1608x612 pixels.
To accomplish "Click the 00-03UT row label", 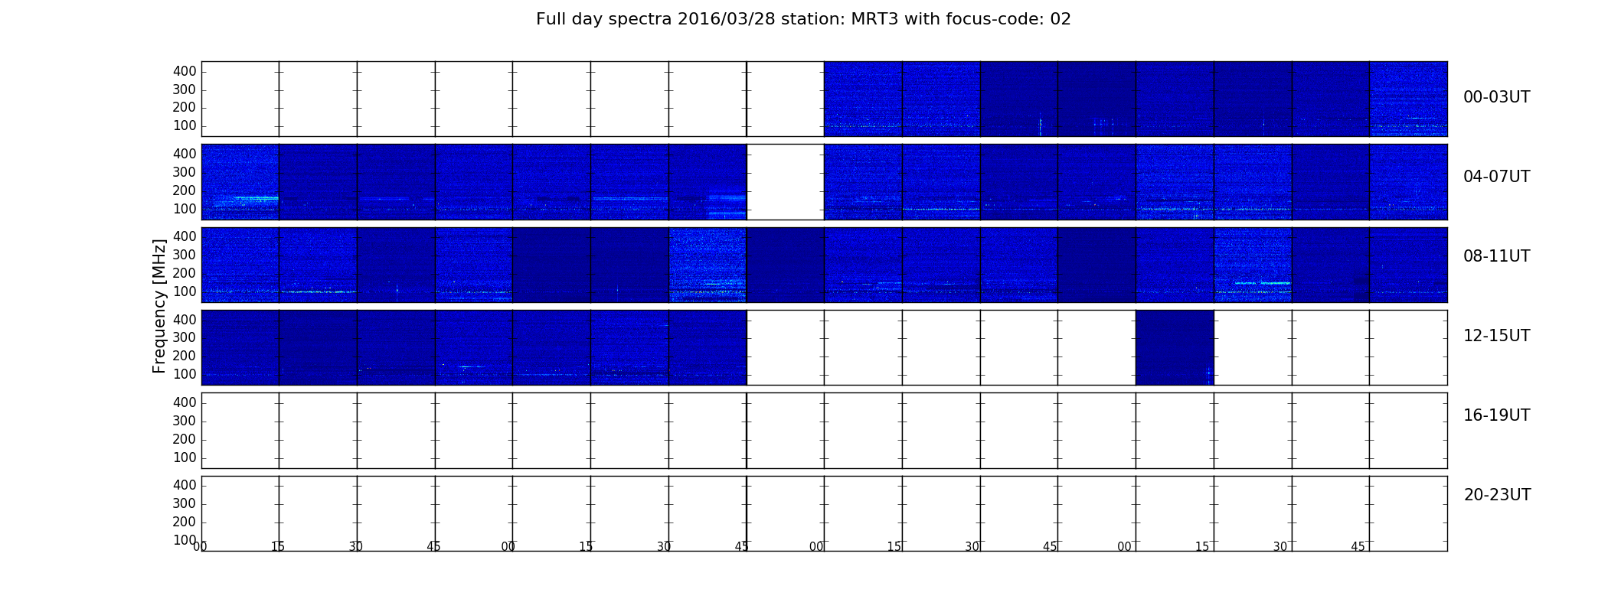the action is pos(1496,97).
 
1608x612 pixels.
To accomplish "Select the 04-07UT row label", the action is pos(1496,177).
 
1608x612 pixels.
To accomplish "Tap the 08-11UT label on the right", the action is pos(1496,256).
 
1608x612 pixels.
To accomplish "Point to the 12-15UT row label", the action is pos(1496,336).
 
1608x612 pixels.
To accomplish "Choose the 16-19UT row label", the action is pos(1496,415).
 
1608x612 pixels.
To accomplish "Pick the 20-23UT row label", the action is pos(1497,495).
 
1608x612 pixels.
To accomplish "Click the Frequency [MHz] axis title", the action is pos(159,306).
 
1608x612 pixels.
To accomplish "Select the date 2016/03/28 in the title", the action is pos(727,19).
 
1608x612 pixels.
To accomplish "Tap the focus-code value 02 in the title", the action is pos(1061,19).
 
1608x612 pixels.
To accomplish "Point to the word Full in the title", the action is pos(551,19).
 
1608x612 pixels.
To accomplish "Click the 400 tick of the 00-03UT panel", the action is pos(185,71).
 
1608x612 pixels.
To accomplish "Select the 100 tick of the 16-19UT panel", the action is pos(185,457).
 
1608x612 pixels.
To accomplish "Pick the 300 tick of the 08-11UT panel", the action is pos(185,255).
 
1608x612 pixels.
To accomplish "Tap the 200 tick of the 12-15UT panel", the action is pos(185,356).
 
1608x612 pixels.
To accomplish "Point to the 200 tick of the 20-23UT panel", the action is pos(185,522).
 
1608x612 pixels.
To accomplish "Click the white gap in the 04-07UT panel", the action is pos(786,182).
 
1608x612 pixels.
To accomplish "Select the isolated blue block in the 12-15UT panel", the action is pos(1175,347).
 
